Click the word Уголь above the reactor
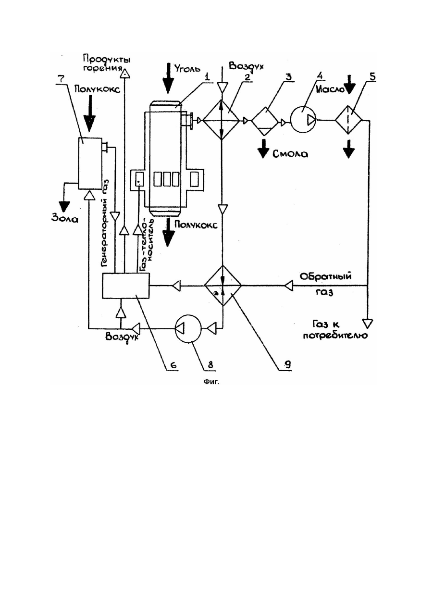[x=187, y=68]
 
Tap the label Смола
[x=290, y=154]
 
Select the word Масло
[x=330, y=89]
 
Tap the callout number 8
[x=210, y=365]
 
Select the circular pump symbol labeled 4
[x=303, y=120]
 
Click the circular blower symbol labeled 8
[x=188, y=327]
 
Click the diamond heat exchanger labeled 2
[x=221, y=120]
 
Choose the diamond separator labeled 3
[x=264, y=121]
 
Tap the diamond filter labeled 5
[x=348, y=120]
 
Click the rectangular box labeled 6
[x=125, y=285]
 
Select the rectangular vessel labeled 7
[x=90, y=163]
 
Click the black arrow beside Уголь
[x=168, y=78]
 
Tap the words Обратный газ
[x=325, y=284]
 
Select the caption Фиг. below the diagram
[x=211, y=382]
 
